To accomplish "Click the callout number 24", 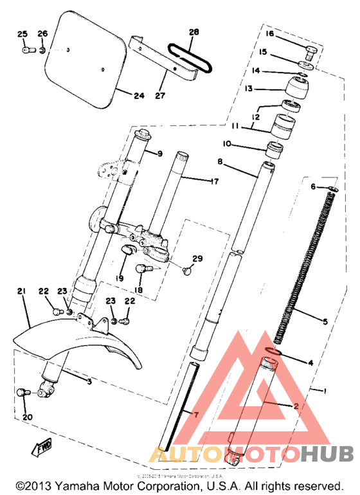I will [x=139, y=96].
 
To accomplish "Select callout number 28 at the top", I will [x=194, y=32].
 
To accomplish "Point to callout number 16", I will [x=270, y=33].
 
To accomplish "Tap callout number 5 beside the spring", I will [x=325, y=321].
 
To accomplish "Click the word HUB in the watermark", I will [x=325, y=455].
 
